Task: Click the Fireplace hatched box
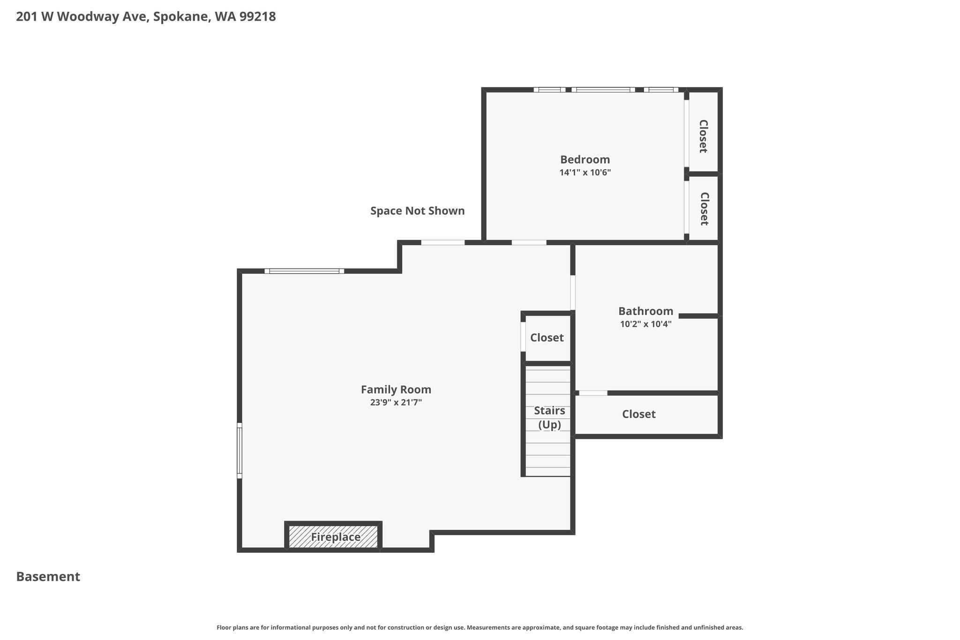pos(333,536)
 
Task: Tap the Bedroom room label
pos(585,159)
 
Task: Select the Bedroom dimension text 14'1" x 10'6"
pos(585,173)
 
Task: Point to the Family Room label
pos(396,390)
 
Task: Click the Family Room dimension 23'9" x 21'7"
pos(396,402)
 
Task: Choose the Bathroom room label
pos(645,311)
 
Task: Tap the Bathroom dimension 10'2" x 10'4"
pos(645,324)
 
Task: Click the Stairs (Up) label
pos(549,418)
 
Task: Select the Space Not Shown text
pos(417,211)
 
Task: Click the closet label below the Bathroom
pos(638,414)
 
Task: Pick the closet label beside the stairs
pos(547,338)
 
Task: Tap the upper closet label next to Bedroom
pos(703,136)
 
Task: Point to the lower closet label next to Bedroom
pos(704,209)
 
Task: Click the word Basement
pos(48,577)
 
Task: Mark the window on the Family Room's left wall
pos(240,451)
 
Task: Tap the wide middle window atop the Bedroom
pos(603,90)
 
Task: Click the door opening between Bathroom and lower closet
pos(593,393)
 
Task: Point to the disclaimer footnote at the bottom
pos(480,627)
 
